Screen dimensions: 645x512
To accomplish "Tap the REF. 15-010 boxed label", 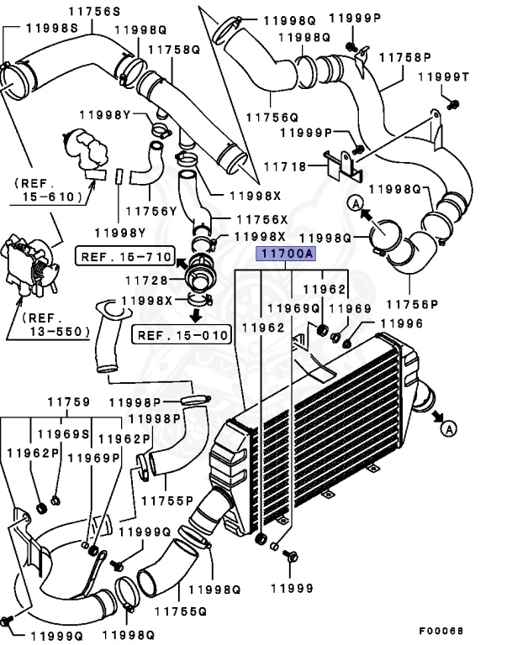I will (x=182, y=336).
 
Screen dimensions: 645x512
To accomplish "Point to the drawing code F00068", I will (x=442, y=630).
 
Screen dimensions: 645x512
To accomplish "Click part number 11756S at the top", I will (x=92, y=10).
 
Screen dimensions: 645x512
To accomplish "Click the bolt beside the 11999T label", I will (x=453, y=105).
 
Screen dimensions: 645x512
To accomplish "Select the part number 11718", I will (x=288, y=167).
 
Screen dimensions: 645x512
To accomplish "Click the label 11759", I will (x=68, y=402).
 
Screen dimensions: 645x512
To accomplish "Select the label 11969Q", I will (x=290, y=308).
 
